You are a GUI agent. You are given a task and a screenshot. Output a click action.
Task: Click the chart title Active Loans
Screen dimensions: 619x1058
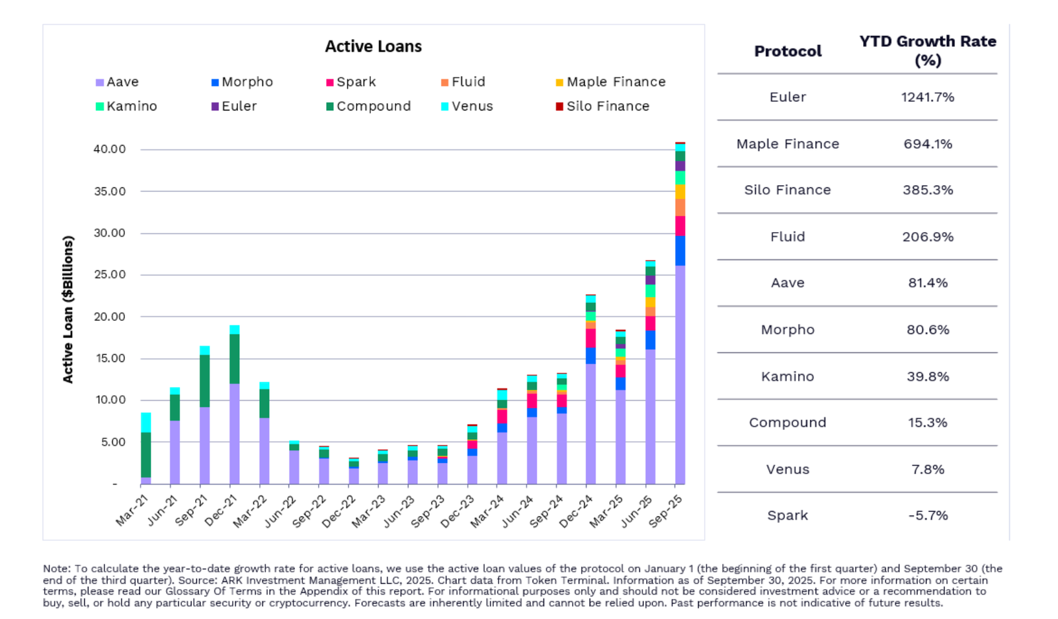point(373,46)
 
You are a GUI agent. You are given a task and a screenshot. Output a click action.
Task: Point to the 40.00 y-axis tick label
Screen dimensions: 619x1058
point(109,149)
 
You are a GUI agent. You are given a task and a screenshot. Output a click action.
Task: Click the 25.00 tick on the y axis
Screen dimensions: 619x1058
point(109,274)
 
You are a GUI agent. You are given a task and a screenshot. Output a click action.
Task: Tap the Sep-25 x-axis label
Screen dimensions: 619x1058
point(666,511)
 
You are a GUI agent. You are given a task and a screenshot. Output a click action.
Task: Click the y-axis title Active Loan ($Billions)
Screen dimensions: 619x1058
point(68,309)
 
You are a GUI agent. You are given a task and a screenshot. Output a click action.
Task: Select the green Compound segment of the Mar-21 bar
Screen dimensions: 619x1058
point(145,455)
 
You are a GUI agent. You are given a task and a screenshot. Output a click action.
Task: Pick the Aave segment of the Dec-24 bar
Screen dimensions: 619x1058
point(590,423)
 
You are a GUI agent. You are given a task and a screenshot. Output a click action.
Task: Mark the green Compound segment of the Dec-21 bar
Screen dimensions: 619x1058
point(234,359)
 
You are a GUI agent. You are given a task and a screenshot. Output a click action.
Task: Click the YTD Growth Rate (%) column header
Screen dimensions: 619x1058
point(927,50)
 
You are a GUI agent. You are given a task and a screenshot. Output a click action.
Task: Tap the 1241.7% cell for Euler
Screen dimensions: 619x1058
point(927,97)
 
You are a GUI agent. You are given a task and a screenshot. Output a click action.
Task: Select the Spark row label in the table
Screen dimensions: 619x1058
point(787,515)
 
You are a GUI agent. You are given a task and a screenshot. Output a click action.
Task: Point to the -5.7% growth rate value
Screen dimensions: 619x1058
point(927,515)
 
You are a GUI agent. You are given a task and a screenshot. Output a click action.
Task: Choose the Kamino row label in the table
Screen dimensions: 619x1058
point(787,376)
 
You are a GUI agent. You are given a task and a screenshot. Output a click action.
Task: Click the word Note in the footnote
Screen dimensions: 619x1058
point(56,569)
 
